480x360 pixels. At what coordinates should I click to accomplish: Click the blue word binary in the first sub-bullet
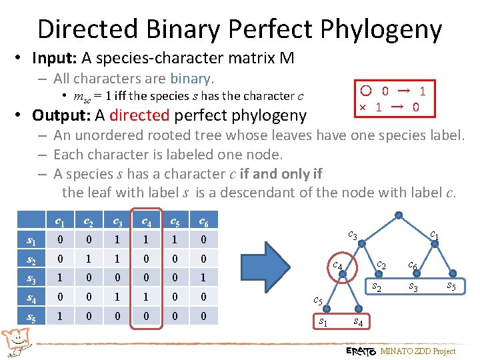(191, 78)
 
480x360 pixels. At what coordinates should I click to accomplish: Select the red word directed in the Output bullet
(139, 115)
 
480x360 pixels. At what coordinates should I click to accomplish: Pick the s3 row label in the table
(31, 277)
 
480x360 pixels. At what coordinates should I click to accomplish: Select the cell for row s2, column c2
(88, 258)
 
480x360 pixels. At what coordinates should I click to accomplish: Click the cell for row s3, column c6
(204, 277)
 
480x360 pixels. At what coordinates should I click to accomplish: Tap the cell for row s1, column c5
(175, 239)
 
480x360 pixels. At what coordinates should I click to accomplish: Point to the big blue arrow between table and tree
(273, 277)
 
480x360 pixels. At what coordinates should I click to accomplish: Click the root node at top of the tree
(398, 215)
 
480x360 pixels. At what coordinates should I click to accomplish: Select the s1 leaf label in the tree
(323, 323)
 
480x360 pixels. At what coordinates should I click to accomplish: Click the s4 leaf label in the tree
(357, 323)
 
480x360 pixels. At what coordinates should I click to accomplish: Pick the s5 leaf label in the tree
(451, 287)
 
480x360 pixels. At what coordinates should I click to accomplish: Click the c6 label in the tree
(413, 265)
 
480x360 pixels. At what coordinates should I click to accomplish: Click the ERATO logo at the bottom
(361, 351)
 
